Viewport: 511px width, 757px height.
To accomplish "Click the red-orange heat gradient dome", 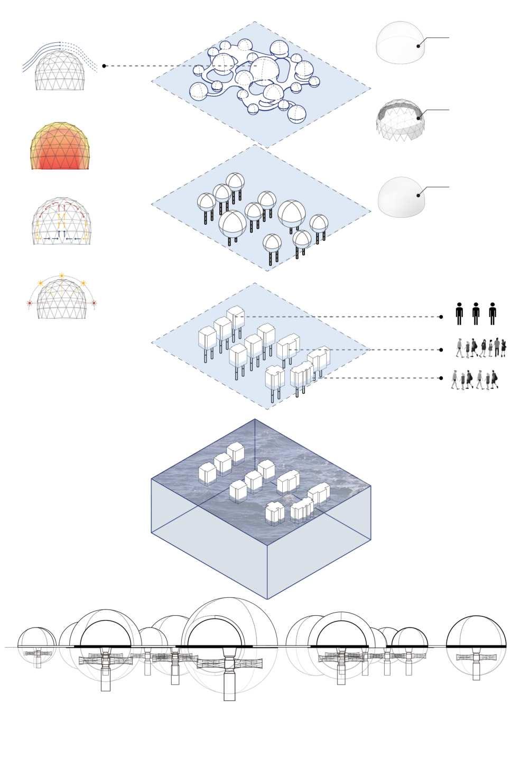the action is click(60, 146).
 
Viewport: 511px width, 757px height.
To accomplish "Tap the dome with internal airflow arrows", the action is click(61, 223).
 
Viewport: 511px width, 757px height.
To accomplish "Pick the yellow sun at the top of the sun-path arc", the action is click(62, 275).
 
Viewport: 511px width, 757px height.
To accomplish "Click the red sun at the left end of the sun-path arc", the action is click(30, 303).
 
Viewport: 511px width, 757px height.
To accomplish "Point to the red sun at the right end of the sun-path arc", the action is click(94, 303).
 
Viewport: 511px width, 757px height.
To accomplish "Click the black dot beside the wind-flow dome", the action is click(104, 66).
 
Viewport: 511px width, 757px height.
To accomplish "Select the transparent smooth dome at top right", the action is click(399, 43).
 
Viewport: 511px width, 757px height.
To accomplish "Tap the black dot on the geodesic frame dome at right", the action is click(419, 118).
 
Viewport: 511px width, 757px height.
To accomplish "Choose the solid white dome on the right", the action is click(401, 197).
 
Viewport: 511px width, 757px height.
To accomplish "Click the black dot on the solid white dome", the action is click(419, 195).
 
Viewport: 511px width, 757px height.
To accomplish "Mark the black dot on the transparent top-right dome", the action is click(418, 46).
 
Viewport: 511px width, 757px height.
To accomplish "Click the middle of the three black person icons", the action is click(476, 313).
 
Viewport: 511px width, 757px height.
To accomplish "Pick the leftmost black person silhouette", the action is click(459, 313).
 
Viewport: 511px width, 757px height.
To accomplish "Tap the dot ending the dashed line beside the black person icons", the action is click(441, 317).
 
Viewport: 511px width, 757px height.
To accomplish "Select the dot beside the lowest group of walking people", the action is click(441, 378).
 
